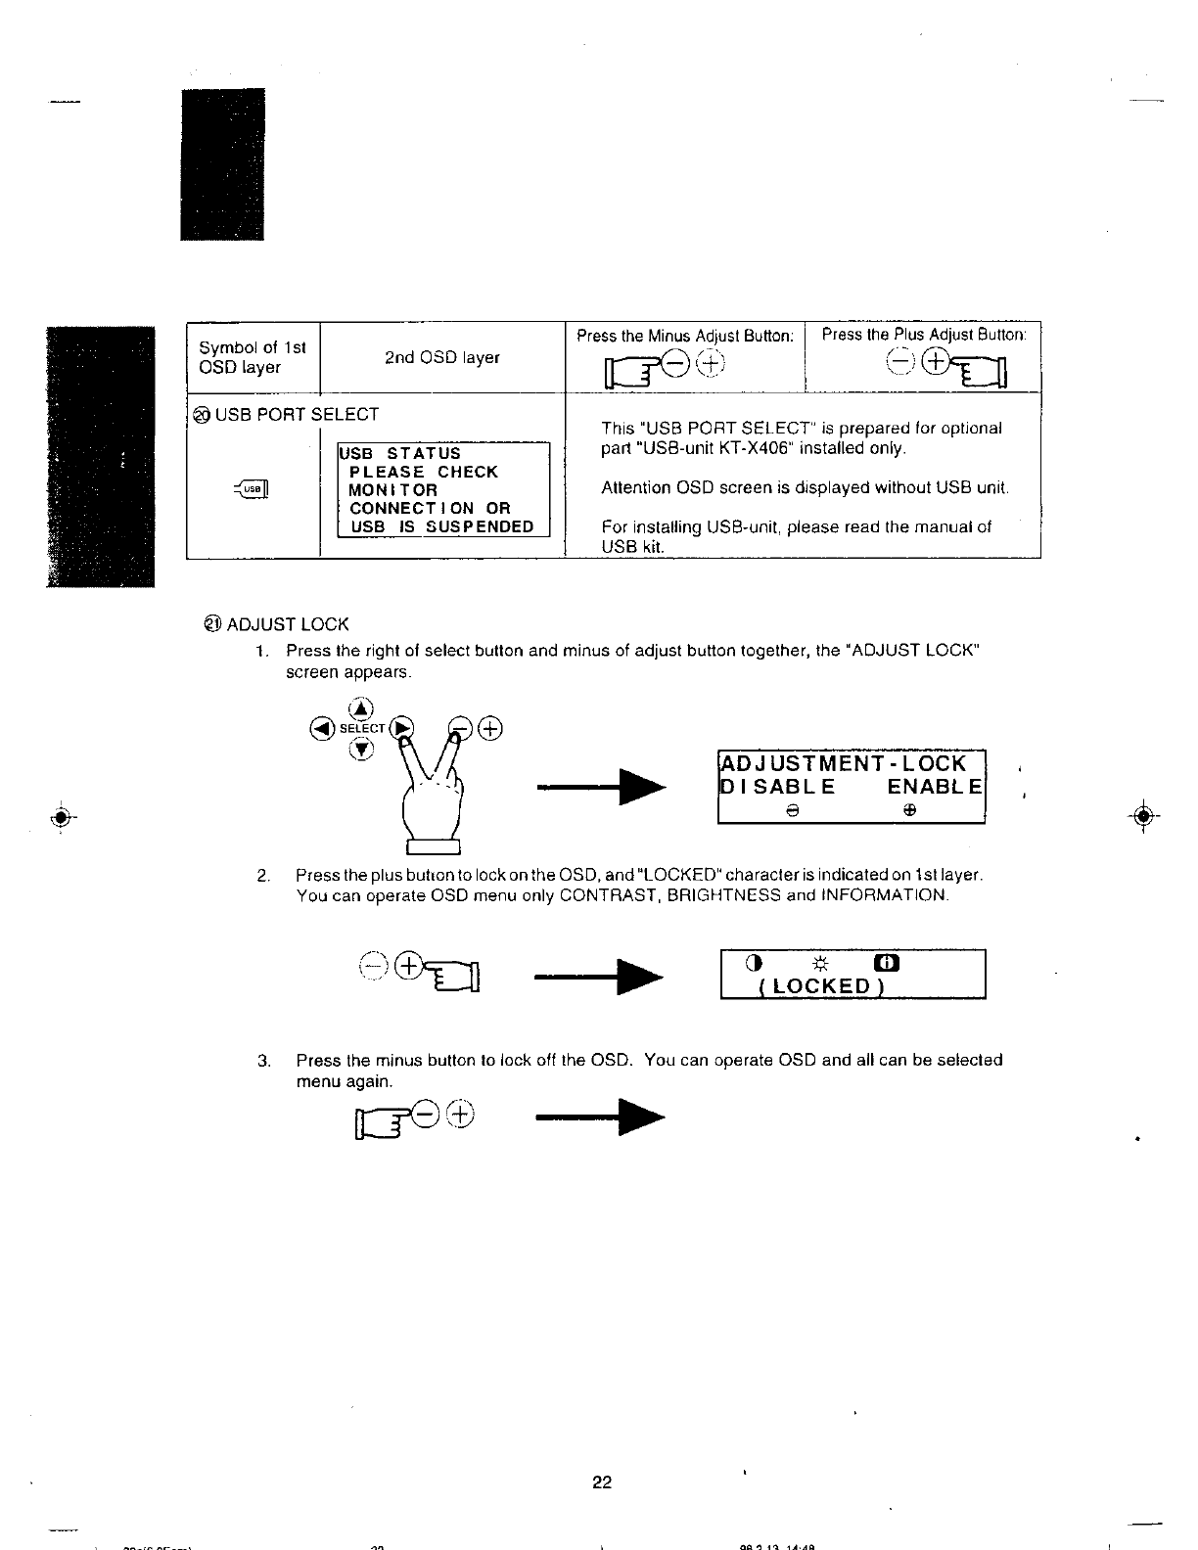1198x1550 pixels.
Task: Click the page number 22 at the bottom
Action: click(x=601, y=1482)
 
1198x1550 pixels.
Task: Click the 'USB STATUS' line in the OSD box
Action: click(x=398, y=453)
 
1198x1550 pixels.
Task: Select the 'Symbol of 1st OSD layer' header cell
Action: click(x=253, y=357)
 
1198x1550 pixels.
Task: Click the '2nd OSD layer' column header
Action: click(x=441, y=357)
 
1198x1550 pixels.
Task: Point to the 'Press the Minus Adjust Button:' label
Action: click(x=684, y=336)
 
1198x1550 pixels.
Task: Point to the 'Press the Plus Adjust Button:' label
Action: click(x=923, y=335)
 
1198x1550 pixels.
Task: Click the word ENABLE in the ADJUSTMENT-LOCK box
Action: click(x=935, y=786)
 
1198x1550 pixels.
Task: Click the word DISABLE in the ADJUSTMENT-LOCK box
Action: click(x=778, y=786)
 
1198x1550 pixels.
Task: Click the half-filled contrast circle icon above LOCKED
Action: click(x=753, y=964)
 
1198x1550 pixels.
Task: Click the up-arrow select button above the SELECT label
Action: click(x=362, y=707)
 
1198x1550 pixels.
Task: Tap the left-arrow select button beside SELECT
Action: click(x=319, y=728)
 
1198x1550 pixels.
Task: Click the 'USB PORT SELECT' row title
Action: click(x=296, y=414)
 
